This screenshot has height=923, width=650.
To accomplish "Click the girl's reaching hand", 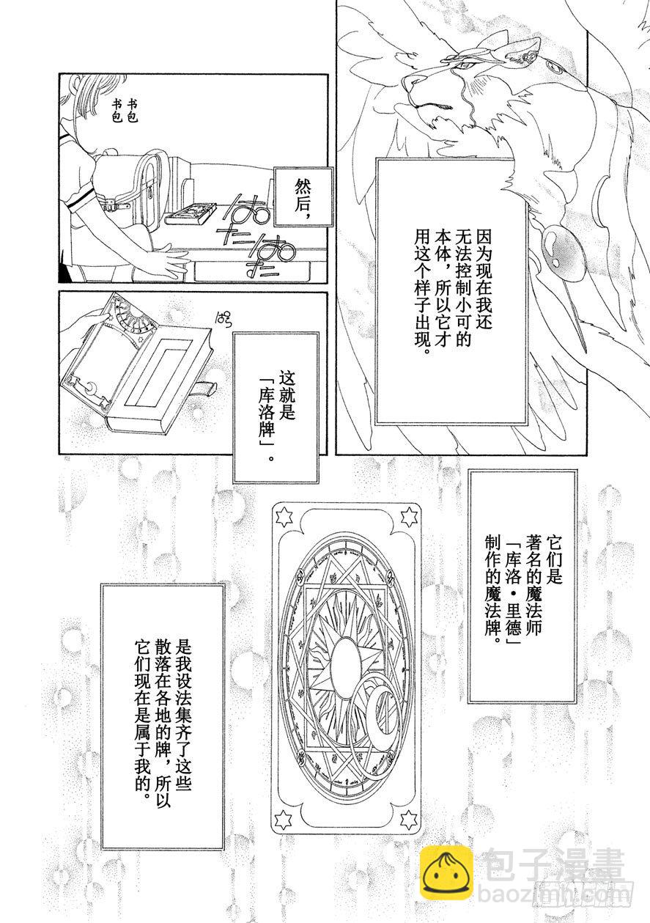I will [166, 264].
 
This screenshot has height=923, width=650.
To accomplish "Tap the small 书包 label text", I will [122, 111].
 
